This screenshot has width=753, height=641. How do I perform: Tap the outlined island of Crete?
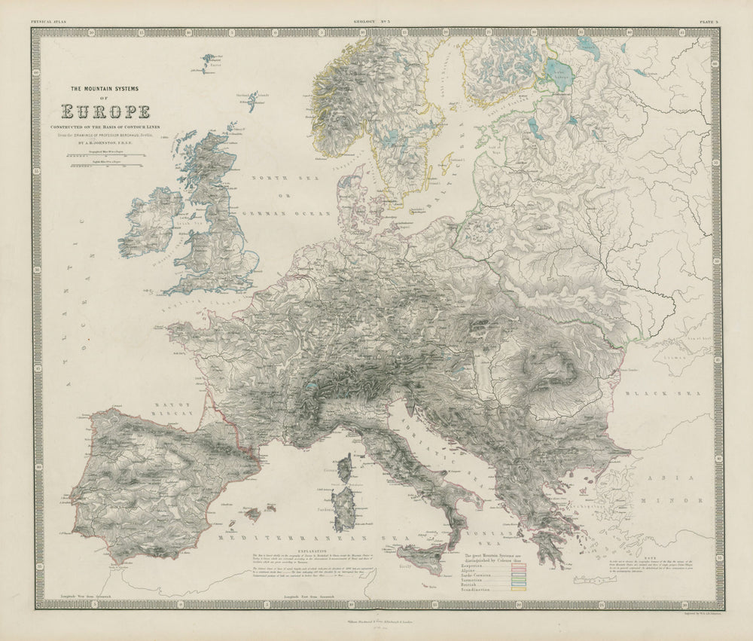click(x=595, y=582)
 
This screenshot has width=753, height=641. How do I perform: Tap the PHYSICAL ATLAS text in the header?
click(x=47, y=23)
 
